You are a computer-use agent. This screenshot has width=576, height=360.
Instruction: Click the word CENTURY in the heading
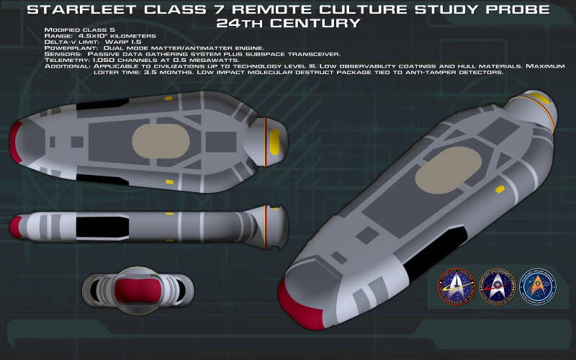click(x=322, y=22)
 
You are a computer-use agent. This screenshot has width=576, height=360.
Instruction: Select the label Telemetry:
click(x=64, y=60)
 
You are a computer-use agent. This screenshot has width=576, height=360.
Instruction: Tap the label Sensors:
click(x=61, y=54)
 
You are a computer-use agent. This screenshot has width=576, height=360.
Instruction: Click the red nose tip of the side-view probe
click(x=14, y=228)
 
